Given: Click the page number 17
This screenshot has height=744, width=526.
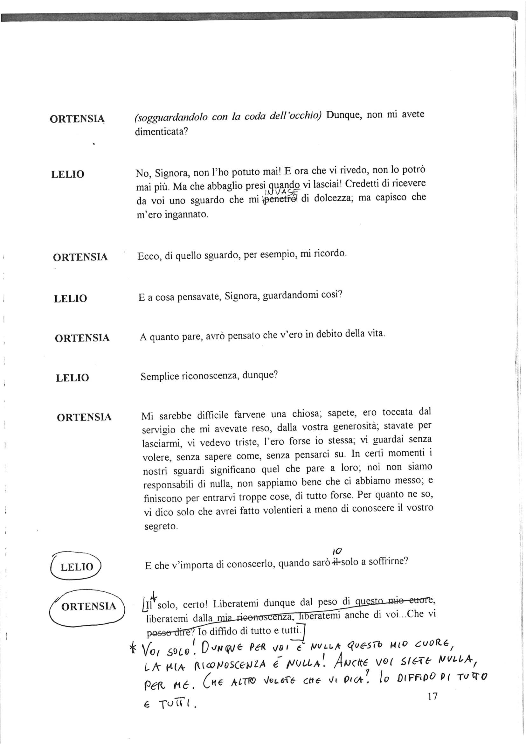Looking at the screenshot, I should (433, 696).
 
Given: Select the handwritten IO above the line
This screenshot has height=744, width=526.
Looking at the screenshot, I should (337, 551).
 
